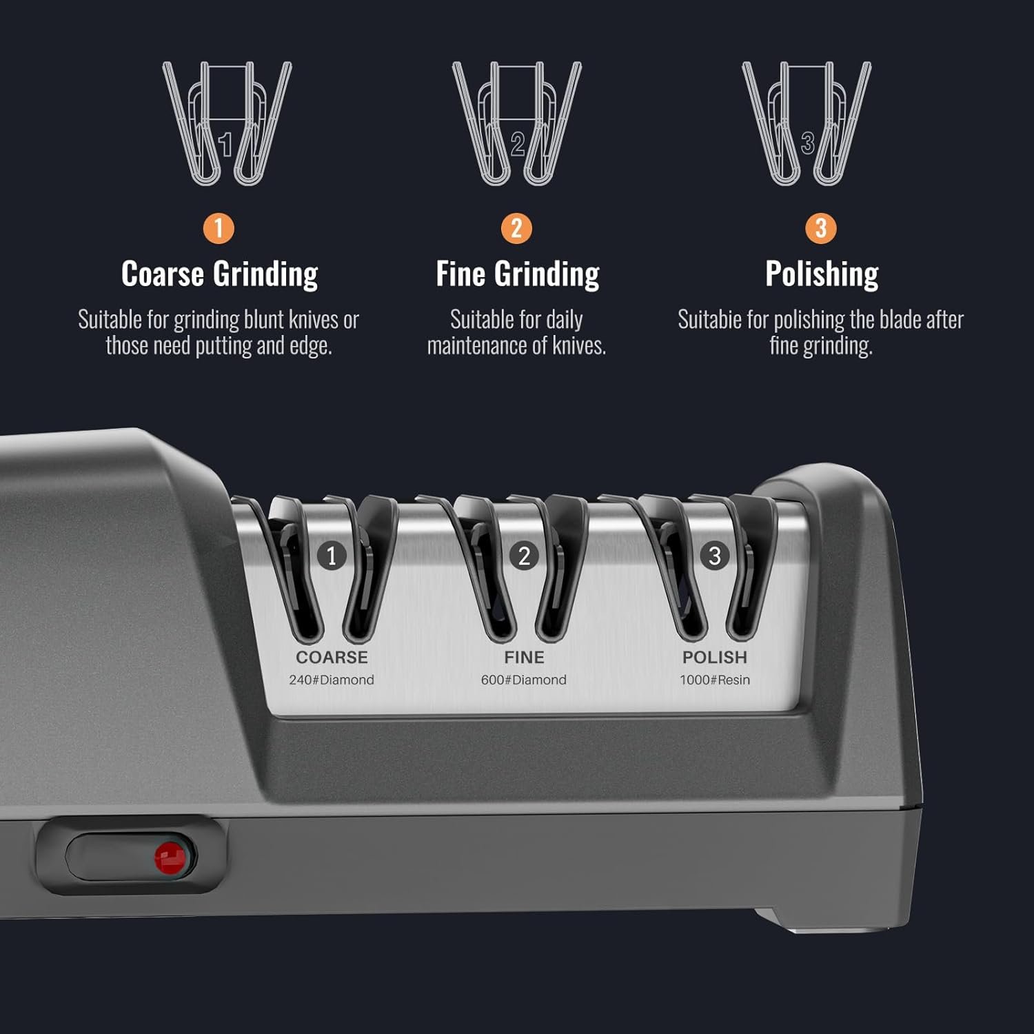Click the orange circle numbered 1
pyautogui.click(x=219, y=228)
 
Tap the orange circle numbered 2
pyautogui.click(x=516, y=228)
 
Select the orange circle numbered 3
pyautogui.click(x=820, y=228)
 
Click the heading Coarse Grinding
pyautogui.click(x=220, y=274)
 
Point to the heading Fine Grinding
pyautogui.click(x=518, y=274)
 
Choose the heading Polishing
pyautogui.click(x=822, y=274)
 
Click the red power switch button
pyautogui.click(x=170, y=857)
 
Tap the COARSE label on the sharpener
pyautogui.click(x=332, y=657)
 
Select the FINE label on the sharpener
pyautogui.click(x=524, y=657)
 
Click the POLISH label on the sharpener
pyautogui.click(x=715, y=657)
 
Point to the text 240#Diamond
pyautogui.click(x=332, y=680)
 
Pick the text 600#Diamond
pyautogui.click(x=524, y=680)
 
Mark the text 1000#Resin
pyautogui.click(x=715, y=680)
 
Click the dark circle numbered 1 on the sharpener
pyautogui.click(x=332, y=555)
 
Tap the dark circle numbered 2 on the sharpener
pyautogui.click(x=524, y=555)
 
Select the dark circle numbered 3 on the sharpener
pyautogui.click(x=715, y=555)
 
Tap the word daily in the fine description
pyautogui.click(x=564, y=321)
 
